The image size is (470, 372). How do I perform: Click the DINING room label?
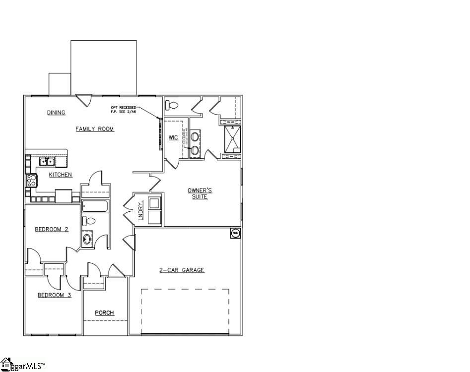click(56, 113)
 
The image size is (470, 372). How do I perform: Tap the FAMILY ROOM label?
click(94, 129)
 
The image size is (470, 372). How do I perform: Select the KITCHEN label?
click(61, 175)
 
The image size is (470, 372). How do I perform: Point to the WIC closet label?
click(173, 137)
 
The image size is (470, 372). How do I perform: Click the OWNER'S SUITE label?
click(200, 193)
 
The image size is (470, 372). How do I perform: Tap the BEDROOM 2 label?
click(52, 229)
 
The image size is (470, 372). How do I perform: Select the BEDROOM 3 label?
click(55, 295)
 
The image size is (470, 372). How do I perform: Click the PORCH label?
click(104, 312)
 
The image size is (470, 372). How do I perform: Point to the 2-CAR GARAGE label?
click(182, 270)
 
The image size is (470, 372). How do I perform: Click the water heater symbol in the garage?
click(235, 232)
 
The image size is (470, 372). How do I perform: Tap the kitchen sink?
click(47, 161)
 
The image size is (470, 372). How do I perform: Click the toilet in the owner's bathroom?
click(172, 105)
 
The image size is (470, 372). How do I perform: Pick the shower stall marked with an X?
click(233, 139)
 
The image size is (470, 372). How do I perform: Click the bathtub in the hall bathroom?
click(95, 206)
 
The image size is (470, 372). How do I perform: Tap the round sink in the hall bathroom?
click(87, 240)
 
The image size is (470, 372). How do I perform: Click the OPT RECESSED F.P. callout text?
click(123, 110)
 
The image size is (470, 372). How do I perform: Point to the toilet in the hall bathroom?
click(88, 220)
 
